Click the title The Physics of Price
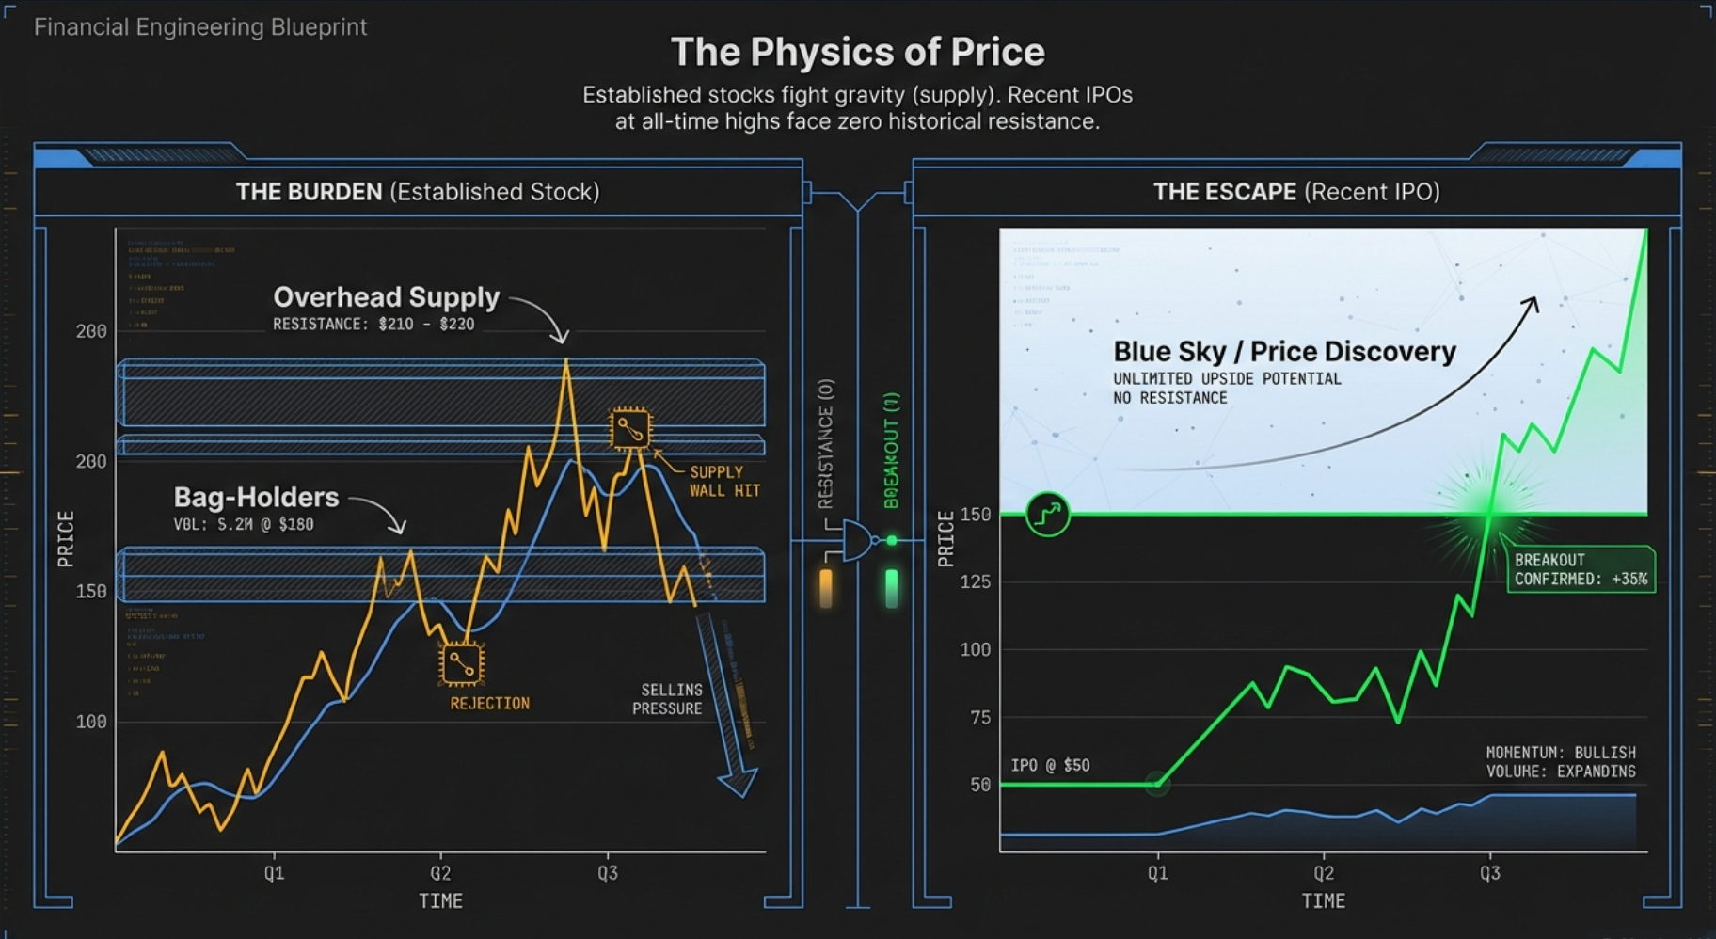click(x=857, y=52)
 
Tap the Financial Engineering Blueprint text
click(x=200, y=26)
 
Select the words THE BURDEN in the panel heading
click(x=309, y=192)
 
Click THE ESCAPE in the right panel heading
click(x=1225, y=192)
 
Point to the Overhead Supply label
click(x=386, y=297)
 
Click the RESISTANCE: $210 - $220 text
click(x=373, y=325)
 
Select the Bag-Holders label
click(x=256, y=497)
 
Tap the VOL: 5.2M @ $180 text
click(x=243, y=525)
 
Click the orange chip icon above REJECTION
click(x=461, y=664)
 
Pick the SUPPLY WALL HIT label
click(x=723, y=481)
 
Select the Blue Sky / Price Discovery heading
click(x=1284, y=352)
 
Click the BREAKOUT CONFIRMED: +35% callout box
click(x=1580, y=569)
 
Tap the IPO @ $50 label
click(x=1050, y=765)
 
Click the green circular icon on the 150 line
click(x=1047, y=514)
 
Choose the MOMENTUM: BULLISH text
click(x=1560, y=753)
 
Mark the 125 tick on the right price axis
click(x=975, y=581)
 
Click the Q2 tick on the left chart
click(x=440, y=872)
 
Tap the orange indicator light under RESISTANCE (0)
click(x=826, y=587)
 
